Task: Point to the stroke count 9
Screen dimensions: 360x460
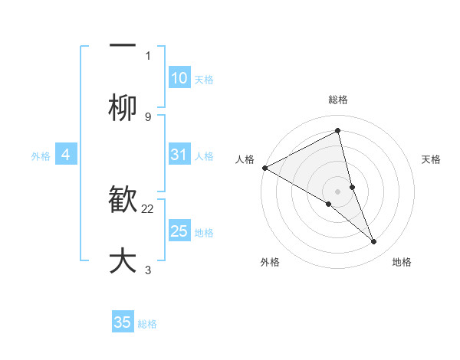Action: click(148, 116)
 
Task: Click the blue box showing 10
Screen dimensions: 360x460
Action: click(179, 78)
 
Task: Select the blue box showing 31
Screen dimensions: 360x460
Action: click(179, 155)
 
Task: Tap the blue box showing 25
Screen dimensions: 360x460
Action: click(179, 231)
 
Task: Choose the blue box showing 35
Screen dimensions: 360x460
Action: click(123, 322)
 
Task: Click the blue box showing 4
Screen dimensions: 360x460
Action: click(66, 155)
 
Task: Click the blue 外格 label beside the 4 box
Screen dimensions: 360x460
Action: click(41, 155)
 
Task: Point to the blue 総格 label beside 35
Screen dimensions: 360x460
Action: click(147, 323)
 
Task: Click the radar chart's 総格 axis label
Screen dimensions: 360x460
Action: click(338, 100)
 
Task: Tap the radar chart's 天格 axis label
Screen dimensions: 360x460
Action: click(432, 159)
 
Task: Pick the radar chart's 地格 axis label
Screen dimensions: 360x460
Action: click(402, 262)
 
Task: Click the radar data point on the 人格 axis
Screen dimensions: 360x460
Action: click(264, 168)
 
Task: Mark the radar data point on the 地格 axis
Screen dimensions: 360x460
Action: click(374, 242)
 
